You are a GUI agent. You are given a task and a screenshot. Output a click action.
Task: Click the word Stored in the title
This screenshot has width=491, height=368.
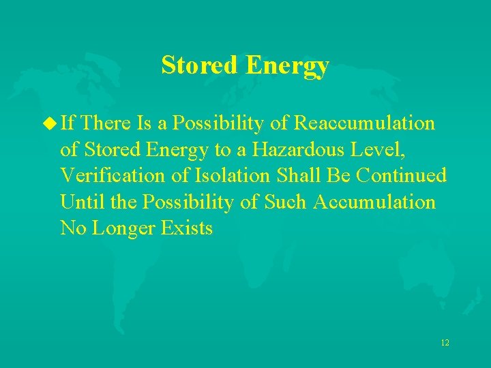200,66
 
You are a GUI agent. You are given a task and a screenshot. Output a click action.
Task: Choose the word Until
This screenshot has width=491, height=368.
78,202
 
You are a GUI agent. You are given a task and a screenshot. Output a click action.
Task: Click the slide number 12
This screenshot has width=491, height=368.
445,343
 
